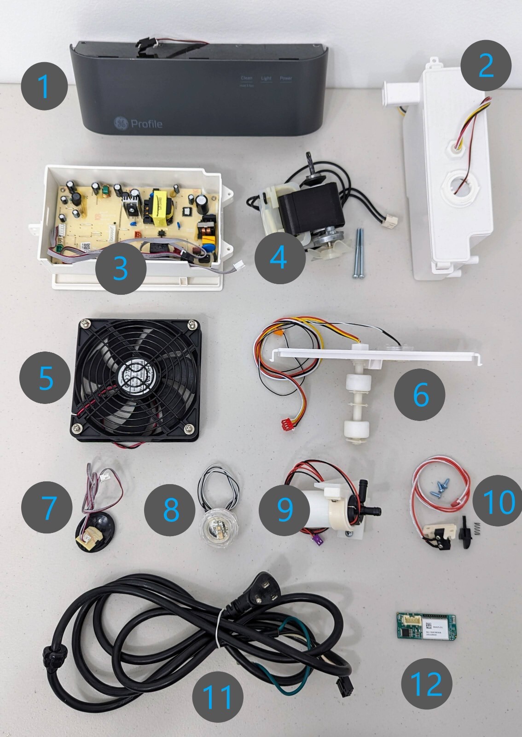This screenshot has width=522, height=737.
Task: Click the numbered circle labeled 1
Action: [45, 86]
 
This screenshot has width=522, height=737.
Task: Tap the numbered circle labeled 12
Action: [427, 684]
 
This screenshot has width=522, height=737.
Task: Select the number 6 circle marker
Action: [420, 394]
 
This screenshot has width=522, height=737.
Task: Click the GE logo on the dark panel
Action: [122, 123]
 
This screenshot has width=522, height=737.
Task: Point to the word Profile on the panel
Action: [146, 123]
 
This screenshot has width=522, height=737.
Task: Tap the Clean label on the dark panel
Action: [247, 78]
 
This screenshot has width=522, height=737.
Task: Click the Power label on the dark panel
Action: [286, 78]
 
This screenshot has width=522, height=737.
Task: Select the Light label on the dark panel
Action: [267, 78]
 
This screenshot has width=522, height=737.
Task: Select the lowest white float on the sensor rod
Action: [354, 431]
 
